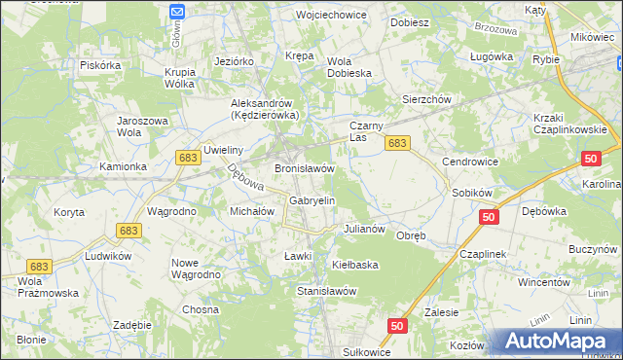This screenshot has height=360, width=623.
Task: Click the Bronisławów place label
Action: [305, 168]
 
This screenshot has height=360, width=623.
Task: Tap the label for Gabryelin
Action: [312, 200]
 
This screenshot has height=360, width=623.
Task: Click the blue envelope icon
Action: [177, 12]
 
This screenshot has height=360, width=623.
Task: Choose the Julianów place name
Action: [366, 230]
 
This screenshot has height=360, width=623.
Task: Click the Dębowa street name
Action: [239, 177]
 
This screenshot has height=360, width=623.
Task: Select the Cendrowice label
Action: [470, 161]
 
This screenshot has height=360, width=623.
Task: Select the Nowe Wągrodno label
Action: [198, 269]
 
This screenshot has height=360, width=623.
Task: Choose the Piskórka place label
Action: [100, 65]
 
